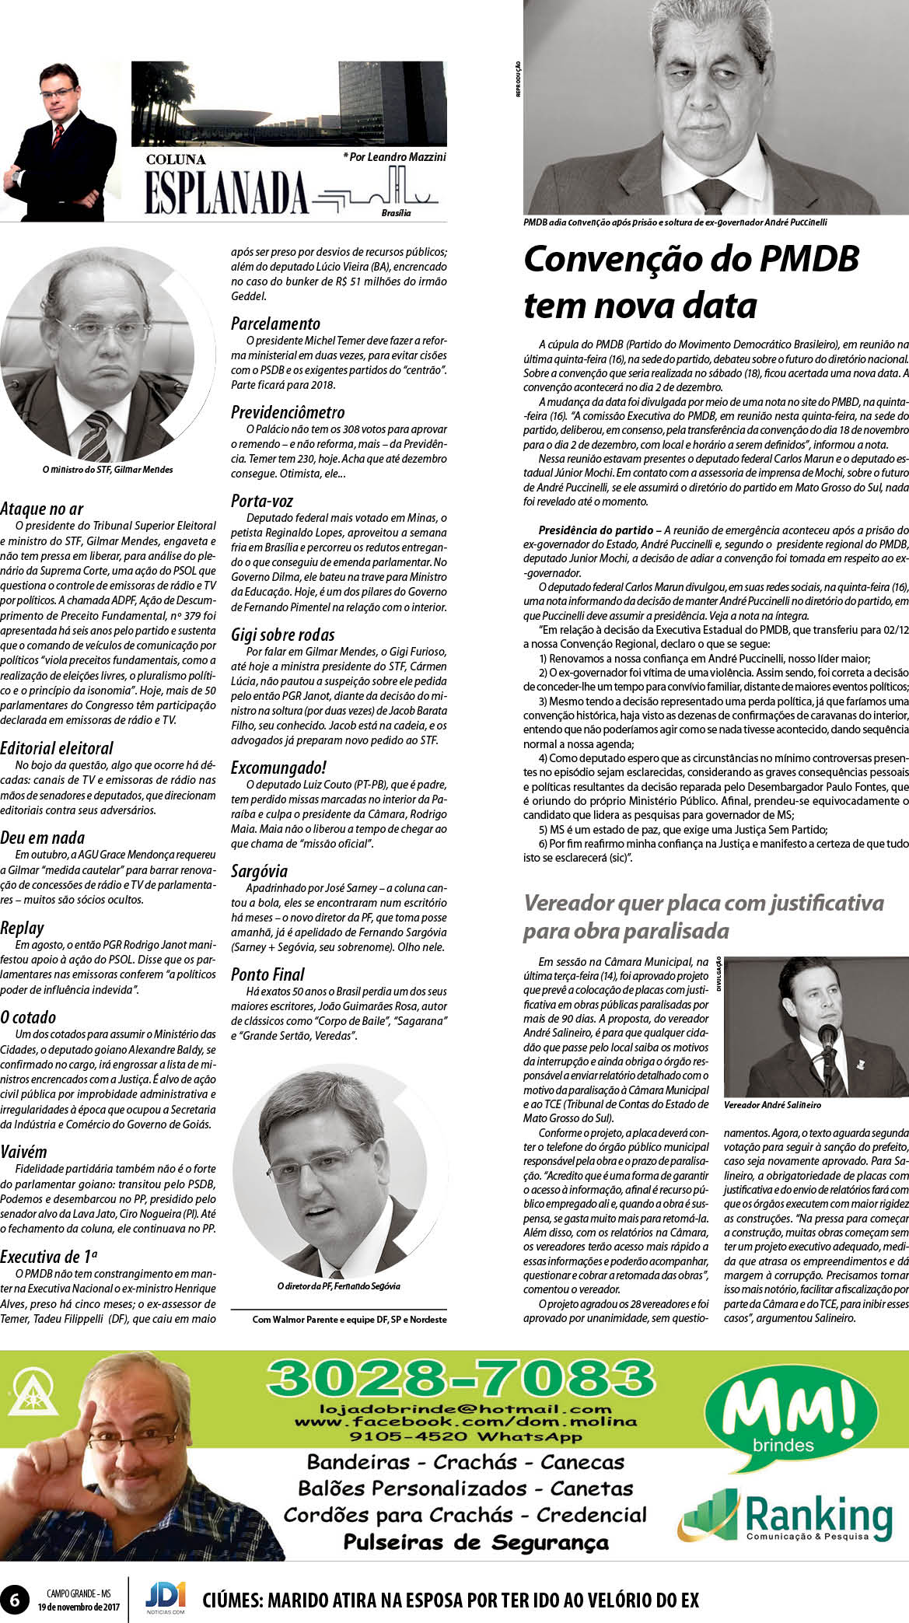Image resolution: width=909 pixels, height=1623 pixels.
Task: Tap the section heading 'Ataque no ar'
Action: pyautogui.click(x=42, y=509)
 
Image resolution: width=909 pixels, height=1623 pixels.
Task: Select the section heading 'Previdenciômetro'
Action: pyautogui.click(x=288, y=412)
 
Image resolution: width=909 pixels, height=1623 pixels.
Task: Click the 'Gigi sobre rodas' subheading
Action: pyautogui.click(x=283, y=635)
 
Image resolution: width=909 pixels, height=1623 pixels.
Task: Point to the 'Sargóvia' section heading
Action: pyautogui.click(x=260, y=871)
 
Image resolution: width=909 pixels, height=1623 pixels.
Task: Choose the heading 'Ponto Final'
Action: pyautogui.click(x=267, y=974)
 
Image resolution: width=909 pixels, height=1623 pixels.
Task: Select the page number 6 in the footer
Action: pyautogui.click(x=15, y=1599)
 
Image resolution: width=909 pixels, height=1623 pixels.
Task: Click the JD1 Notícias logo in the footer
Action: pyautogui.click(x=165, y=1598)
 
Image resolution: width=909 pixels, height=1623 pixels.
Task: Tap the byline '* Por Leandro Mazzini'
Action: pyautogui.click(x=395, y=157)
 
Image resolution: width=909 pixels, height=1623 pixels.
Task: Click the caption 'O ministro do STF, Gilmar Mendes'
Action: pyautogui.click(x=108, y=470)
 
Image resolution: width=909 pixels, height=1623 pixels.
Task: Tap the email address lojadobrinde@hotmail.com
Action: pyautogui.click(x=465, y=1408)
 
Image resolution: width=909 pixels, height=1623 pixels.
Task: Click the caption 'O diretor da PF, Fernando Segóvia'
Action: pyautogui.click(x=339, y=1286)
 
